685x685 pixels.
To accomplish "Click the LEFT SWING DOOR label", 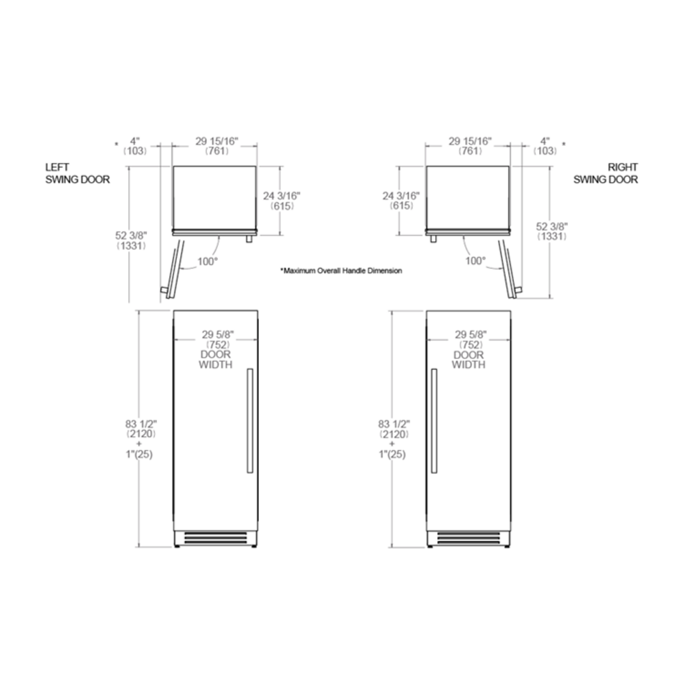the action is point(77,173).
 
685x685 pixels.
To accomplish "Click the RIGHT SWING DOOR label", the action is point(606,173).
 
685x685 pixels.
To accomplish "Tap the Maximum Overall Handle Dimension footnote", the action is point(341,271).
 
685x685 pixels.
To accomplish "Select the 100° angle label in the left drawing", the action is point(208,262).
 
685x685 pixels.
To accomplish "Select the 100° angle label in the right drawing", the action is point(475,261).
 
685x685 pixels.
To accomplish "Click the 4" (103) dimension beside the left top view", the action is point(134,147).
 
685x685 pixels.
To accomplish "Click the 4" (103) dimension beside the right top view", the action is point(545,147).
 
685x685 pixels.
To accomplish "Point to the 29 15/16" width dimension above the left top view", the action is point(216,147).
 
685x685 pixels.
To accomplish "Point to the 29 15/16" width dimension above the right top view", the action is point(470,147).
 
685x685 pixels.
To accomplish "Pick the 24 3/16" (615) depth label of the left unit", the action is point(282,201).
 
